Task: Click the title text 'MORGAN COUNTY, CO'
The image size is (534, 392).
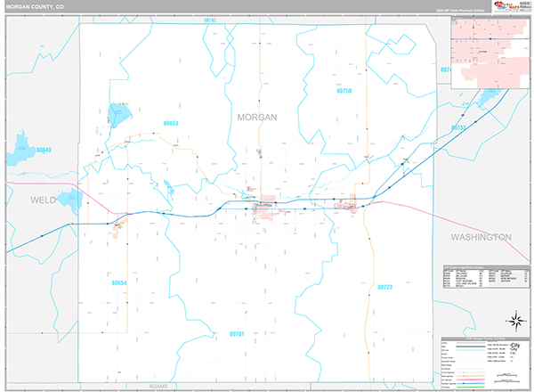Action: (35, 6)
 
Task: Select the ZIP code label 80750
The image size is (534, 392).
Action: (345, 91)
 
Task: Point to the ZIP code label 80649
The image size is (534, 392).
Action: (43, 150)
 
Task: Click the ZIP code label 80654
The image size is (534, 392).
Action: (120, 282)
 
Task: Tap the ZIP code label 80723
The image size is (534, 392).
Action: (384, 287)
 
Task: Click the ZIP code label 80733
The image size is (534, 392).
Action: (457, 128)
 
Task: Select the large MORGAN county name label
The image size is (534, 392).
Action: (257, 117)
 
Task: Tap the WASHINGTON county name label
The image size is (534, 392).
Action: (481, 237)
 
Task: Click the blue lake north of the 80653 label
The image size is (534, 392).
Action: (117, 113)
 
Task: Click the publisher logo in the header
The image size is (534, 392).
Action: (511, 8)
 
